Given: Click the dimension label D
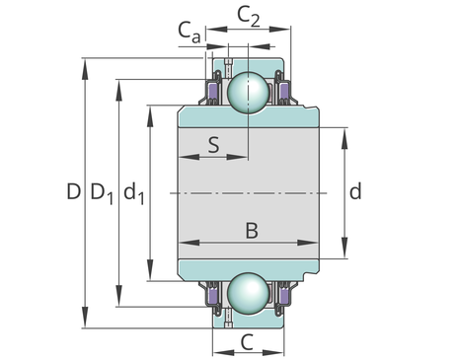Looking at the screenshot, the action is pos(73,191).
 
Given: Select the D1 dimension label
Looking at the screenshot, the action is pos(102,193).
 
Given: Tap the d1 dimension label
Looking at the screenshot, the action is pos(134,193).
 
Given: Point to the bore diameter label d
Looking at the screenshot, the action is pos(355,191).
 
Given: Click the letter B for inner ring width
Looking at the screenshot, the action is pos(252,231).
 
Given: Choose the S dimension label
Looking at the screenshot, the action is pos(213,145).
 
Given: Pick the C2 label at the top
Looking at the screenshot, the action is pos(249,17).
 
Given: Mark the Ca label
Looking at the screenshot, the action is pos(190,32).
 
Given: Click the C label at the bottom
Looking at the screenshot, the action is pos(247,342).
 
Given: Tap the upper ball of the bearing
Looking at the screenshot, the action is pos(249,92).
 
